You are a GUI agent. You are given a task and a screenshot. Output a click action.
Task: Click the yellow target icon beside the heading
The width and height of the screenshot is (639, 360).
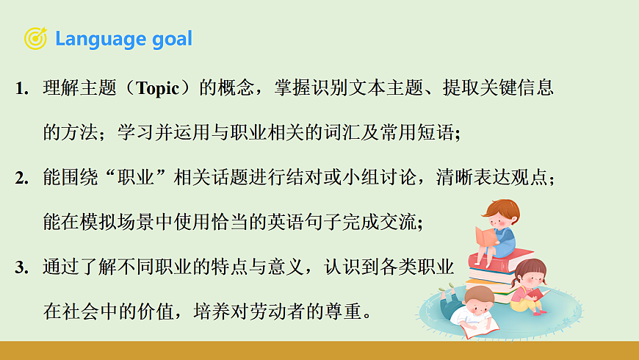(35, 38)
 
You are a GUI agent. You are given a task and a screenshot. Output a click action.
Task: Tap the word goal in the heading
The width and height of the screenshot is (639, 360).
(172, 39)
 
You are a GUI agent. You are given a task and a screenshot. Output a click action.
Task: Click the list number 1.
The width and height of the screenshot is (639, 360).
(21, 90)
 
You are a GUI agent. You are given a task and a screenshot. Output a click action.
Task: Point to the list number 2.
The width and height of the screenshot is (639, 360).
(21, 179)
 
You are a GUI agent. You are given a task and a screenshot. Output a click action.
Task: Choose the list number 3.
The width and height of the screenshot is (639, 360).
(21, 267)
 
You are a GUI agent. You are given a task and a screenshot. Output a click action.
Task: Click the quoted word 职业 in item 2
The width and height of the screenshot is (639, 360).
(151, 179)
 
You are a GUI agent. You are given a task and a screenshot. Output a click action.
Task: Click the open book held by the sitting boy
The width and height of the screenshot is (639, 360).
(485, 237)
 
